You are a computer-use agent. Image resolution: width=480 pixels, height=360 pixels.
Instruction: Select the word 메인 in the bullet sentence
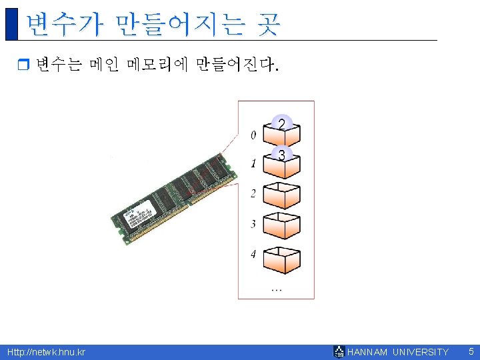coord(102,65)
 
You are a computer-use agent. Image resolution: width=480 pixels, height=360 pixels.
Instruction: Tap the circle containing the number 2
coord(282,125)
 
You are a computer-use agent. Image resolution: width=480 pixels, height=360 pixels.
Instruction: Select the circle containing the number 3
coord(282,155)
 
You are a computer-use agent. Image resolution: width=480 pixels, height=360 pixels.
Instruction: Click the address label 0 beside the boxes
coord(253,135)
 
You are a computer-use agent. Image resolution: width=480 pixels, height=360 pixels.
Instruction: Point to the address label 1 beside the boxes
coord(253,163)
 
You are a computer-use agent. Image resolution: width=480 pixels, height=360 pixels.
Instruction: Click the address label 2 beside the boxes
coord(253,194)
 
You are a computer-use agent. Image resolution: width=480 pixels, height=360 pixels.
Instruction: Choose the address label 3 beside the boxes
coord(253,224)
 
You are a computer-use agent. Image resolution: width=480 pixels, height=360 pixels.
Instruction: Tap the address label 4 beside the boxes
coord(253,254)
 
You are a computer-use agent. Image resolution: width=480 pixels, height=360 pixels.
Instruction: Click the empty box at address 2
coord(281,196)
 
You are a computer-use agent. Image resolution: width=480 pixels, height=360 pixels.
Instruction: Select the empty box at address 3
coord(281,227)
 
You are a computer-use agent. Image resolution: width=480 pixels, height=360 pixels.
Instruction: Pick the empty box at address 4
coord(281,260)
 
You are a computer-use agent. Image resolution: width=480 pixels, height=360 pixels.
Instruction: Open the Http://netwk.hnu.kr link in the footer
coord(46,352)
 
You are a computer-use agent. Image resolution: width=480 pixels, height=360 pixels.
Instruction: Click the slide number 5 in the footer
coord(471,351)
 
